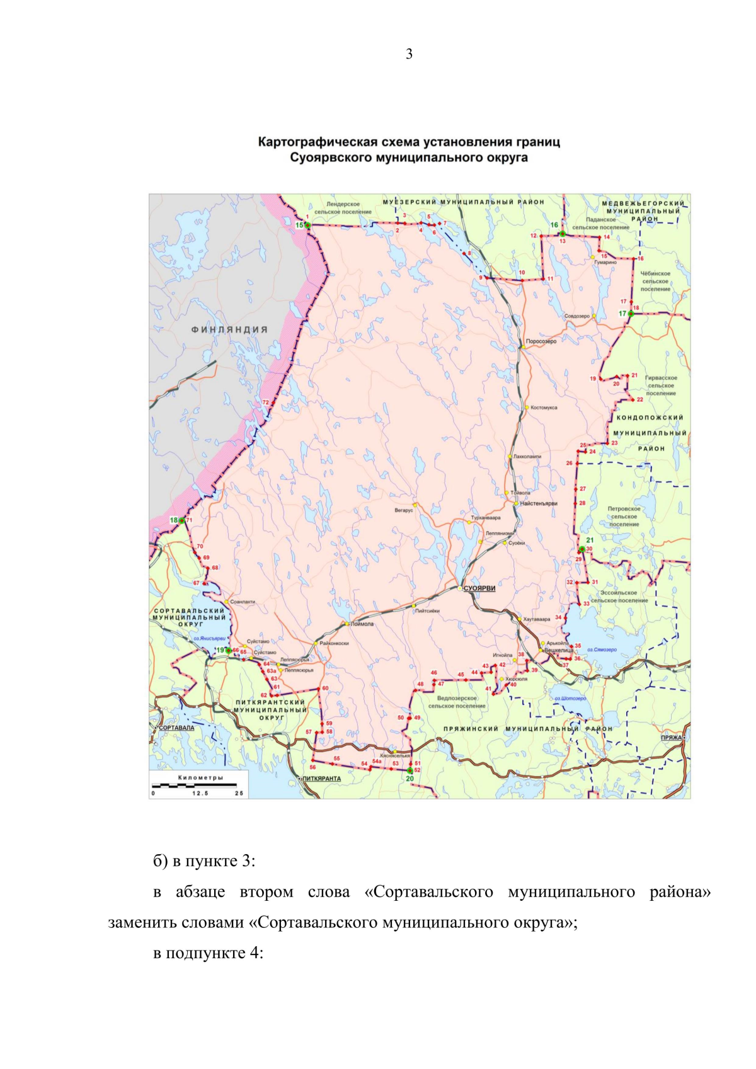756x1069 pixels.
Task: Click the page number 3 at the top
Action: (x=409, y=54)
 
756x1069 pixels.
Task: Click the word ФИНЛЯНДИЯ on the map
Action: (x=229, y=329)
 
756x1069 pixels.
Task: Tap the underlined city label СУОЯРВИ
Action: (x=479, y=588)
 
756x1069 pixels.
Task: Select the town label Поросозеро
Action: (x=541, y=341)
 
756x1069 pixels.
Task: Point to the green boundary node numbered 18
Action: (x=181, y=520)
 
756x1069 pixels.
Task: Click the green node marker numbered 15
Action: (x=307, y=225)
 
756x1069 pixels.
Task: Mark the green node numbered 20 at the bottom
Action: (x=409, y=770)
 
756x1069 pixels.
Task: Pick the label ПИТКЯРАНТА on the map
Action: (x=321, y=779)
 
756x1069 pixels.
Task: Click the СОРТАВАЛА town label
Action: (x=176, y=728)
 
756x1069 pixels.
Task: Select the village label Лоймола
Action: (x=362, y=624)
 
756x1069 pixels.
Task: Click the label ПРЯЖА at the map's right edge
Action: (x=672, y=738)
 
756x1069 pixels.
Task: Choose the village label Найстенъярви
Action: (x=539, y=503)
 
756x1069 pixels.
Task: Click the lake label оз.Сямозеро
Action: (x=602, y=649)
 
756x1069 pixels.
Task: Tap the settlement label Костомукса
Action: (x=544, y=408)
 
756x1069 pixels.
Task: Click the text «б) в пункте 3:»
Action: (x=204, y=861)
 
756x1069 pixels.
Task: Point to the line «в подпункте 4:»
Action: (x=208, y=953)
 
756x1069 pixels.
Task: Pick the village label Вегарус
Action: (x=404, y=510)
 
